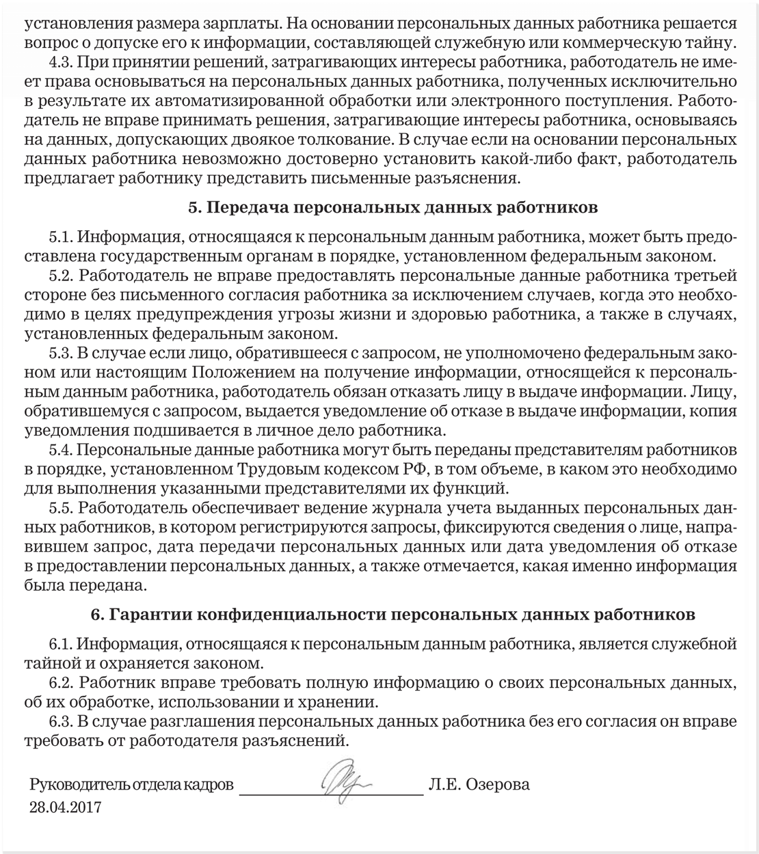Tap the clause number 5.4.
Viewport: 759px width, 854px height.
[61, 451]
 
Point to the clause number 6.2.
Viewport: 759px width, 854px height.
[61, 682]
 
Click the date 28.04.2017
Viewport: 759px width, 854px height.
[65, 807]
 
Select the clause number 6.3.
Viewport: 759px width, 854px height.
[61, 721]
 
